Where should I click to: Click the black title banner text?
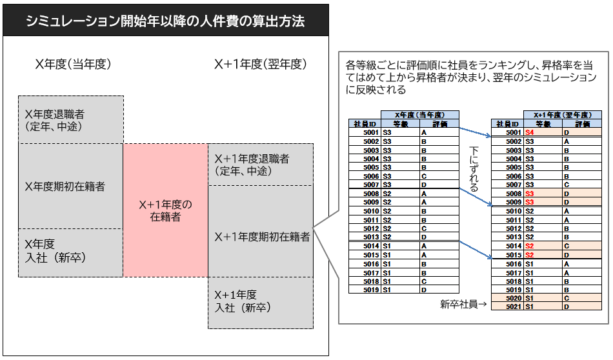pos(165,21)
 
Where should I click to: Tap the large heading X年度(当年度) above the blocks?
pos(73,64)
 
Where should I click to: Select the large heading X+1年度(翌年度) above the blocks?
pos(261,64)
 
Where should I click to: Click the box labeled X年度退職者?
pos(71,119)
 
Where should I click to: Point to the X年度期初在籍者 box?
pos(71,186)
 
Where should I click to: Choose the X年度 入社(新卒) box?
pos(71,253)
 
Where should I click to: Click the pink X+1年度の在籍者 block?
pos(165,210)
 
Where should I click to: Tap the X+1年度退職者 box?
pos(261,165)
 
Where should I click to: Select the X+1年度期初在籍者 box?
pos(261,232)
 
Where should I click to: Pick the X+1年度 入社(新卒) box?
pos(261,303)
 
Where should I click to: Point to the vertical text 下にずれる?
pos(474,169)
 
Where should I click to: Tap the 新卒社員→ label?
pos(463,304)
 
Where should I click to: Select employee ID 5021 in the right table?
pos(514,307)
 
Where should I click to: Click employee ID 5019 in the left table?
pos(371,290)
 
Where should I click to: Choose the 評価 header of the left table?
pos(439,124)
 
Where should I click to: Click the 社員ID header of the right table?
pos(507,124)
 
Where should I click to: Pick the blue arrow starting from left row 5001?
pos(475,132)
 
